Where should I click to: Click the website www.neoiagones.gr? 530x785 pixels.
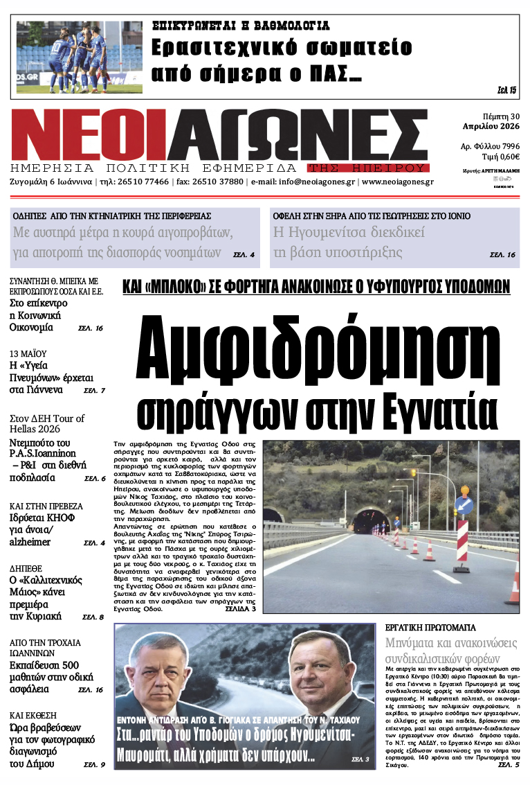pos(397,182)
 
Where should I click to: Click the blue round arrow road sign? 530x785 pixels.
pos(464,504)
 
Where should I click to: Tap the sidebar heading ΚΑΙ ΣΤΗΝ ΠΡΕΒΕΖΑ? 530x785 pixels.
pos(46,506)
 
